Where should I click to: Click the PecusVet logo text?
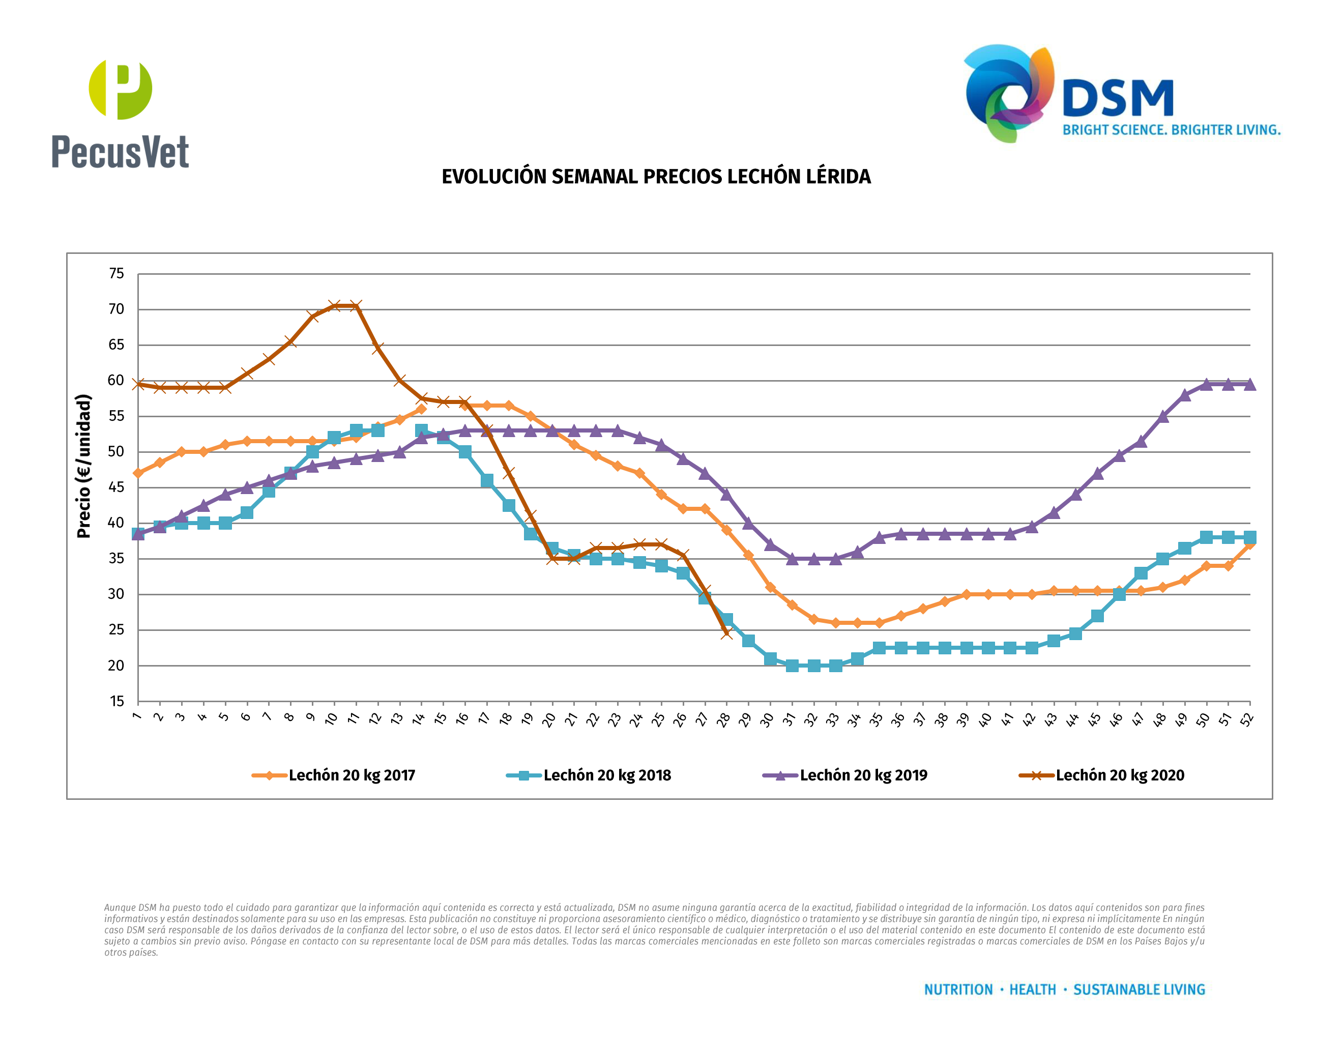click(120, 152)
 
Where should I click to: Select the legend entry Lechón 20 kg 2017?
click(352, 775)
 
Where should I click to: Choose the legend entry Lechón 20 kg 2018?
click(607, 775)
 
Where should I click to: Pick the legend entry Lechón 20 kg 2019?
click(863, 775)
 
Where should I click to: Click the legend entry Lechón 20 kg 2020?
click(1120, 775)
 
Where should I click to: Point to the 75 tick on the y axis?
click(116, 274)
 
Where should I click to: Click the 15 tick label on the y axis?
click(116, 702)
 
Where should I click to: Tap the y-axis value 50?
click(116, 452)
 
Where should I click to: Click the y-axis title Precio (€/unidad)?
click(83, 466)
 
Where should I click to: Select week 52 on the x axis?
click(1246, 719)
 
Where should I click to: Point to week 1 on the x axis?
click(136, 716)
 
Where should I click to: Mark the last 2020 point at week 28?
click(726, 633)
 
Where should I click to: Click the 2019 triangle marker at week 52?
click(1249, 384)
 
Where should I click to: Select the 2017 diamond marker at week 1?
click(138, 473)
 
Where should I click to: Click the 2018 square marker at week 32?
click(813, 666)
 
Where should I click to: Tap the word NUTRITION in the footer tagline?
click(958, 990)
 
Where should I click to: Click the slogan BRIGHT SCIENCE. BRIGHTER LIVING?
click(1171, 130)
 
